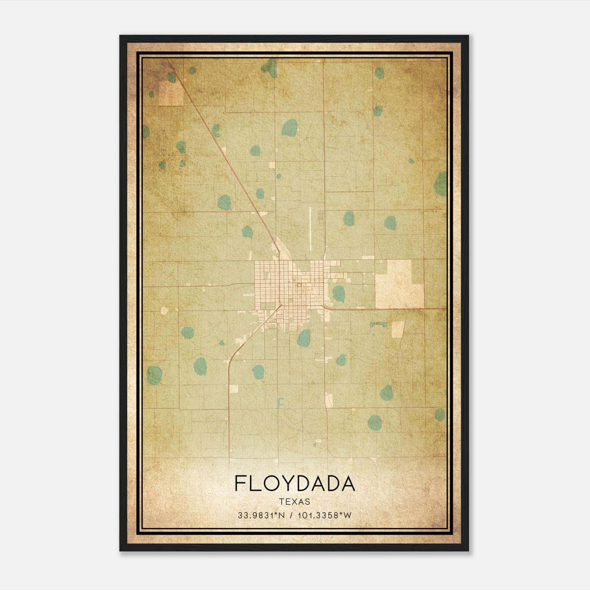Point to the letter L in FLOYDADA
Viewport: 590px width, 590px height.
point(257,483)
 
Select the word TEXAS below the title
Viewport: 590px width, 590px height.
point(295,502)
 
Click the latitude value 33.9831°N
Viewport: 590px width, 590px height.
point(261,515)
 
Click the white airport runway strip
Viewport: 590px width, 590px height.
point(310,228)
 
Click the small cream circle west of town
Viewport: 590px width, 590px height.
point(164,311)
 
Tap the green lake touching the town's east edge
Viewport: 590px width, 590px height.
point(339,294)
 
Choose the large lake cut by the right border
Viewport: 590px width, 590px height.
point(441,184)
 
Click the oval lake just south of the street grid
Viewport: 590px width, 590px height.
point(304,337)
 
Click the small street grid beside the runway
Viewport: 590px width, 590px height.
point(321,218)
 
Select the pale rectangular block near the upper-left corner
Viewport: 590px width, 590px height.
point(171,93)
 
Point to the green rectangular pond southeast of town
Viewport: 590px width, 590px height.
point(378,324)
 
